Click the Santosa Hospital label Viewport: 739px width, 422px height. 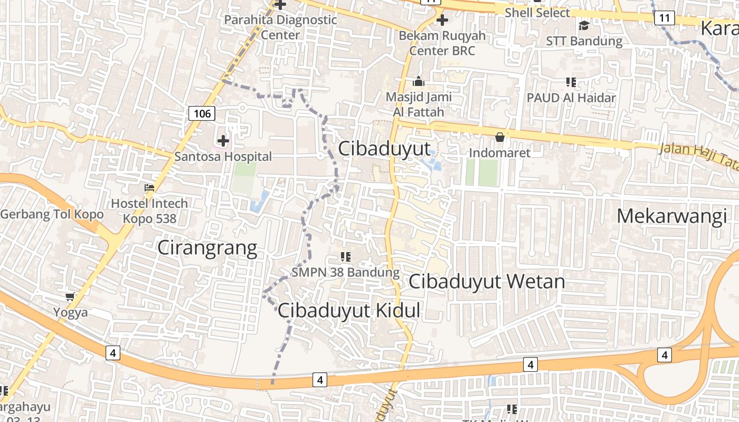223,157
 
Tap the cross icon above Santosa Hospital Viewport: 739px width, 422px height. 223,141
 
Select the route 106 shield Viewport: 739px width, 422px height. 202,113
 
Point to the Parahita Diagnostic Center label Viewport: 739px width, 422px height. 280,27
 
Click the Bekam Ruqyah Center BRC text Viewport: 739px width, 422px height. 442,43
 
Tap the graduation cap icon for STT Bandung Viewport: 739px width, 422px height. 584,25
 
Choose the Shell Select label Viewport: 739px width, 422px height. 537,13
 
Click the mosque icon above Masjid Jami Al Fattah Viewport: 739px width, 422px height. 419,82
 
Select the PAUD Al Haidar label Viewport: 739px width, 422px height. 571,98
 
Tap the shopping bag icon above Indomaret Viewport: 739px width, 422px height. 499,138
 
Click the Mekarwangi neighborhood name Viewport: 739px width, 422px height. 671,216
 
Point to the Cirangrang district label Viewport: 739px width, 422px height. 207,248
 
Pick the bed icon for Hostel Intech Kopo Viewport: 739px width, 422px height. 149,188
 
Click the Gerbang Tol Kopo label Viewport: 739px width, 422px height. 52,215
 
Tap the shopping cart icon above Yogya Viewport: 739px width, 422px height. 70,298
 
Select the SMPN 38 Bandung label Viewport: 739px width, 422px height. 346,273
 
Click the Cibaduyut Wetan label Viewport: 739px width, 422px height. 487,282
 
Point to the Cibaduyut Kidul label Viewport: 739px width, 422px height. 349,311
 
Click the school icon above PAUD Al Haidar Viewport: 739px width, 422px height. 571,82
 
